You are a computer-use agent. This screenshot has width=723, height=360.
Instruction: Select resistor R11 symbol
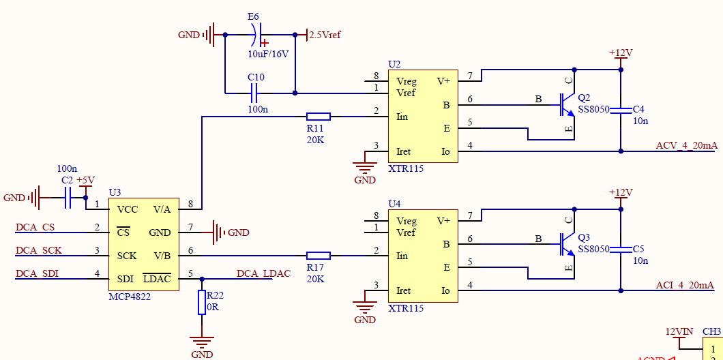click(x=319, y=117)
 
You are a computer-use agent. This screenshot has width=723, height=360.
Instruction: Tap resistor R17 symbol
click(x=319, y=256)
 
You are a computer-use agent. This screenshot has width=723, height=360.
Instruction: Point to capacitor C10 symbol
click(x=256, y=93)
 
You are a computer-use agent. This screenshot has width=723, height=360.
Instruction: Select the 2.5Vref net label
click(x=325, y=35)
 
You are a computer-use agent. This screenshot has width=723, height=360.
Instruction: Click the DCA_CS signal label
click(x=35, y=227)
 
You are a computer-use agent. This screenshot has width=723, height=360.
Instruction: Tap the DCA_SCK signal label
click(x=38, y=250)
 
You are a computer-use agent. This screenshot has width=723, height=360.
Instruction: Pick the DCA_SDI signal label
click(x=37, y=273)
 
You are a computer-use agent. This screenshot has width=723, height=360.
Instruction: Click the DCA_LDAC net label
click(x=263, y=273)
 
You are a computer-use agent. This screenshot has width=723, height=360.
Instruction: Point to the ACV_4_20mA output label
click(x=686, y=145)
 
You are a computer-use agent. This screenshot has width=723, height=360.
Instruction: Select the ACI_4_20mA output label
click(x=685, y=285)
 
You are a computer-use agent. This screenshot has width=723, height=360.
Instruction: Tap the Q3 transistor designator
click(x=584, y=237)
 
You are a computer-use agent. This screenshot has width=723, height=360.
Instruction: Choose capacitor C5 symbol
click(x=620, y=249)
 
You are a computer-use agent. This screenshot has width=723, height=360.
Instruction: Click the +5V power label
click(x=85, y=181)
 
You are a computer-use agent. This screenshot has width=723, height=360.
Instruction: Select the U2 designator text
click(x=394, y=64)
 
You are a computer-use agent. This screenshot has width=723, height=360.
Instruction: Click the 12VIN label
click(x=679, y=331)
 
